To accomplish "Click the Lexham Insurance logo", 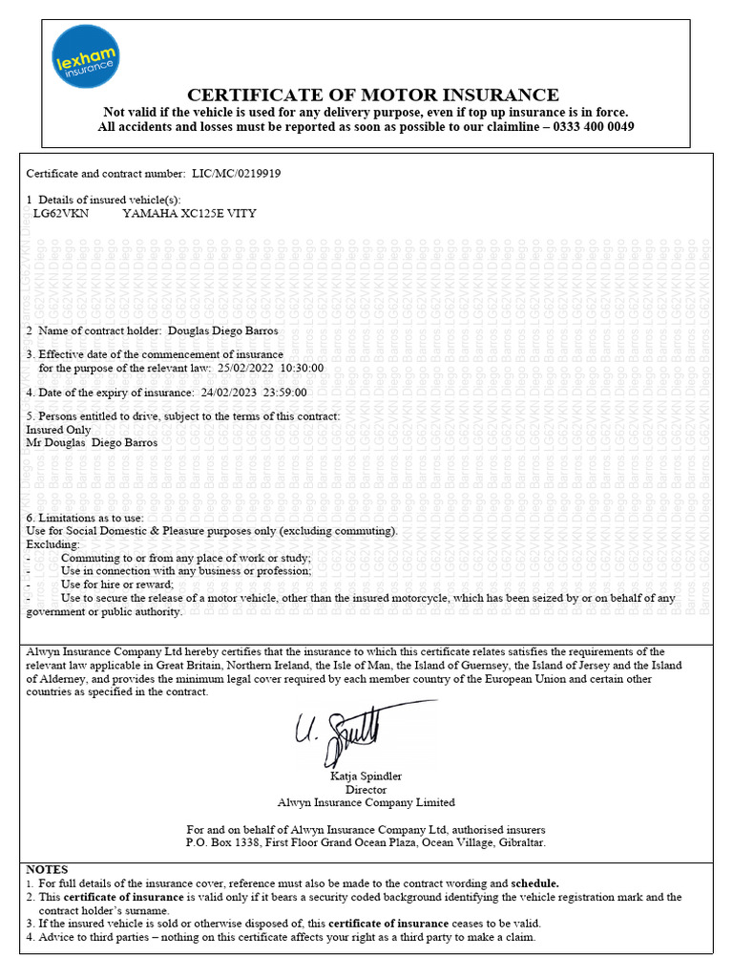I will point(85,59).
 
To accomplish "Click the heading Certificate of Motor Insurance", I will point(372,95).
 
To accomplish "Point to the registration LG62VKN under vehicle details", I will point(61,214).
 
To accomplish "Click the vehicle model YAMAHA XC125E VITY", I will point(189,214).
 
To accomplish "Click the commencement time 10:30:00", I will point(302,368).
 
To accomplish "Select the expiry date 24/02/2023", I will point(234,392).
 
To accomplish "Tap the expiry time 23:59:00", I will point(288,392).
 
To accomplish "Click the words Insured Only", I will point(58,430).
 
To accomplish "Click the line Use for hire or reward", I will point(116,585).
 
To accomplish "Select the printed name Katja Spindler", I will point(366,776).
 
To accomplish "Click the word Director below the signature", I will point(366,789).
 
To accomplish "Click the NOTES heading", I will point(47,870).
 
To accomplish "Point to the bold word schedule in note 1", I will point(534,883).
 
